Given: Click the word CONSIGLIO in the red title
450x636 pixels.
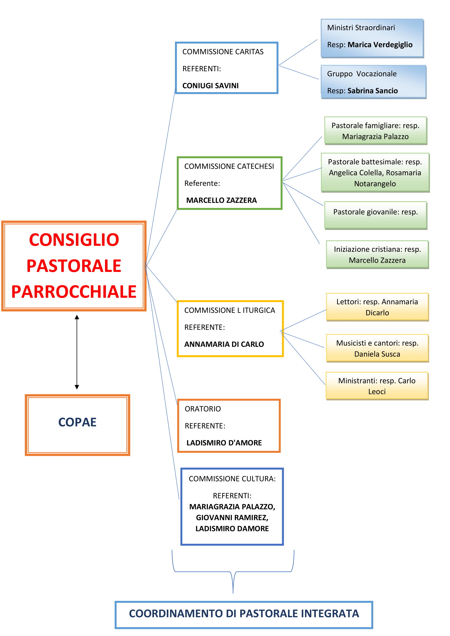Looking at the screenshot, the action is coord(74,240).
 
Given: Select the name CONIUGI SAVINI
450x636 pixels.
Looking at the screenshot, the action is coord(210,86).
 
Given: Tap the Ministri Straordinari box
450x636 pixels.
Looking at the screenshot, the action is coord(372,38).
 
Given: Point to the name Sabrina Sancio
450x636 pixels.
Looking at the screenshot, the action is coord(372,91).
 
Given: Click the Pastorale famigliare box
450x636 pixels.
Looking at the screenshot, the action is coord(376,131).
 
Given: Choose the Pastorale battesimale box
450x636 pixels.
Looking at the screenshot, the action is coord(375,173).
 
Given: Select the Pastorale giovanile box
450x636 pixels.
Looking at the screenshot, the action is coord(376,216).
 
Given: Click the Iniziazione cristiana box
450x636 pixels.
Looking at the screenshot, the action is coord(377,255).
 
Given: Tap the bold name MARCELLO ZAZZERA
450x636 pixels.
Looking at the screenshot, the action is coord(221,200).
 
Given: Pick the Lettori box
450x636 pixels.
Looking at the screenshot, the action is coord(377,307).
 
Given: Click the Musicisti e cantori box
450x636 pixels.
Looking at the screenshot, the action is coord(377,349).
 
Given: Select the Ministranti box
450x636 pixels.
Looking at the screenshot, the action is coord(377,386).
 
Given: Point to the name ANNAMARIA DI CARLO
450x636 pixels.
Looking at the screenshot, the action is coord(224,344).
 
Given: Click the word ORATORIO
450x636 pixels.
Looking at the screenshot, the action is coord(203,409).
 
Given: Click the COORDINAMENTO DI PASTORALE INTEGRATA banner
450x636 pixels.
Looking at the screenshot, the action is coord(244,615).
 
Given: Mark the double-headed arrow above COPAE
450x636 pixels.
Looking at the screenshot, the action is coord(77,352).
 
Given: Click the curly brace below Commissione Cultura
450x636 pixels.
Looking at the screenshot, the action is coord(233,572).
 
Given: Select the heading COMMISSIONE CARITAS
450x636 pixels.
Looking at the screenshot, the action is coord(223,52).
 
